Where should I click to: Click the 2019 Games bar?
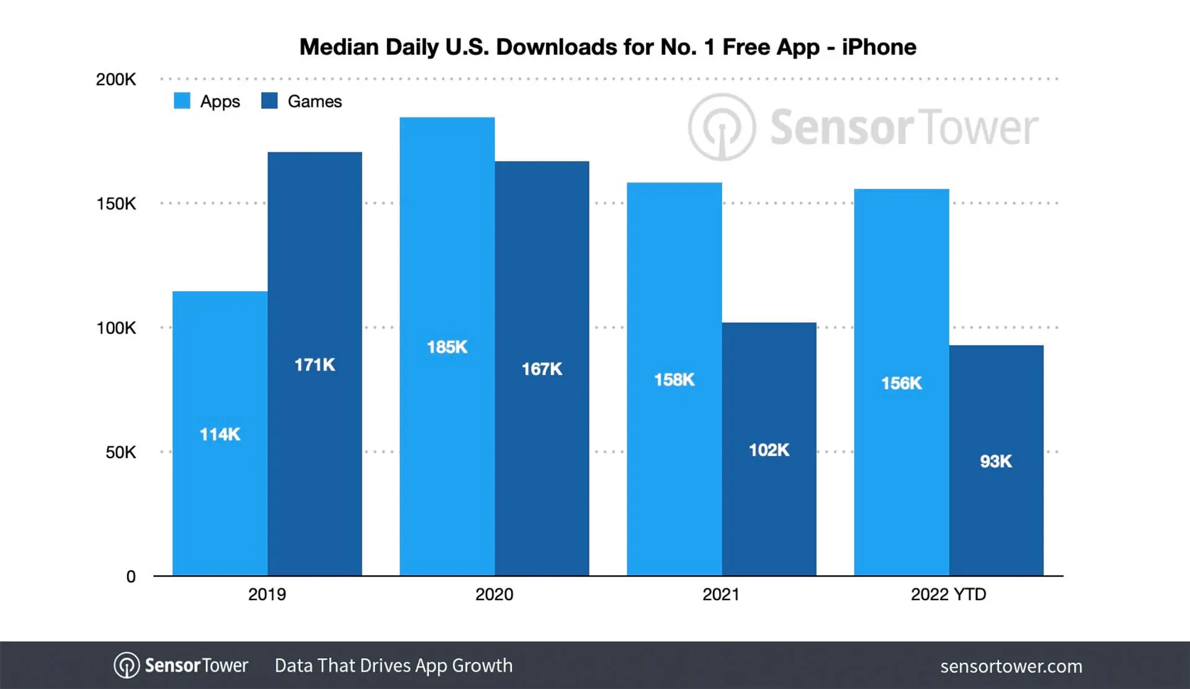point(315,364)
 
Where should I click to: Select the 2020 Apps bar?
point(447,346)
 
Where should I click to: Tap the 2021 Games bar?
point(769,449)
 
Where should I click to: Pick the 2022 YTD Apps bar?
point(901,382)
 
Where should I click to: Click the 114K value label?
point(220,435)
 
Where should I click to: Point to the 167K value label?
point(542,369)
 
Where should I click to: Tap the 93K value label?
point(996,461)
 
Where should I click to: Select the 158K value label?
point(674,380)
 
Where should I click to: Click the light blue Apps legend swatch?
point(182,101)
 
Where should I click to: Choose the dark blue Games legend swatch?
point(269,101)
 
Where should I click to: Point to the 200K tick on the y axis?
point(115,79)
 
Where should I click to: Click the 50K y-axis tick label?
point(120,452)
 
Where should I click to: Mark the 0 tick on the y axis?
point(131,577)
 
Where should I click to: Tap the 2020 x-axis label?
point(494,595)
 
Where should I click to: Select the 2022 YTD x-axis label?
point(948,595)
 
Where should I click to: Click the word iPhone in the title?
point(879,47)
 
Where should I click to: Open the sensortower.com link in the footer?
point(1011,666)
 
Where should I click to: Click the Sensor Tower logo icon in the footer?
point(127,665)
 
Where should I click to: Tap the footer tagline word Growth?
point(482,665)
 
